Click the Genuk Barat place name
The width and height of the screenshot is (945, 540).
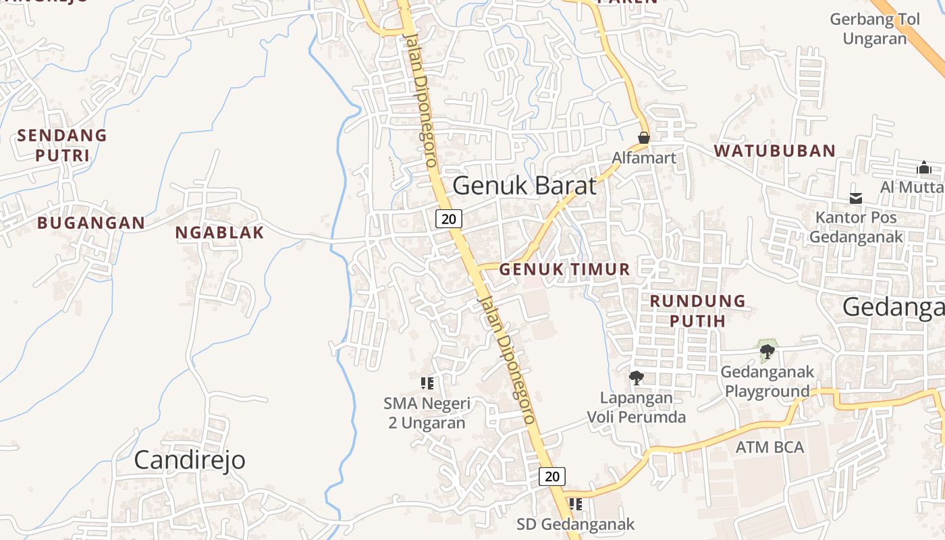coord(524,186)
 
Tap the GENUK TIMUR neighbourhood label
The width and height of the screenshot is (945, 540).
coord(564,269)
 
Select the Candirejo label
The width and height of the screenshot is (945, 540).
coord(189,460)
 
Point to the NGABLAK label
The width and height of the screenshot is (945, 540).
coord(219,232)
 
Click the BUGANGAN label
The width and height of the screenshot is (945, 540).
coord(91,222)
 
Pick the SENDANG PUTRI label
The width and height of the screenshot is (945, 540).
coord(62,145)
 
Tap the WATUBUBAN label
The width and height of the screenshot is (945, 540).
coord(775,151)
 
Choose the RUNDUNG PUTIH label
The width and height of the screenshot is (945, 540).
coord(697,310)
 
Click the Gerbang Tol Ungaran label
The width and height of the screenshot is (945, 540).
coord(875,29)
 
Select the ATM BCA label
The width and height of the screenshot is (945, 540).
coord(769,447)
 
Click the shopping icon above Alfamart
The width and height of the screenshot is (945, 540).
coord(644,138)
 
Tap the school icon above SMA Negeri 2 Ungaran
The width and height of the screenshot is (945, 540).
coord(427,383)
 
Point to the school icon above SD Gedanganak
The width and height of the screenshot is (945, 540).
coord(575,504)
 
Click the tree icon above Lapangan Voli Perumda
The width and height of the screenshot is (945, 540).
coord(635,377)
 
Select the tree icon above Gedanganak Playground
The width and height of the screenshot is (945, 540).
coord(766,351)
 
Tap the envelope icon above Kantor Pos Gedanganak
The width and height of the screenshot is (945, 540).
coord(856,198)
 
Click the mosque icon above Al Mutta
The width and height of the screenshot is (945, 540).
coord(924,167)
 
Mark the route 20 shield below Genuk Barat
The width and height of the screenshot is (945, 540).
coord(449,218)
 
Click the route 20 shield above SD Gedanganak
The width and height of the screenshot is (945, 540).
coord(552,476)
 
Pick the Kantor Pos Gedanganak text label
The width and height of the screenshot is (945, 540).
coord(856,227)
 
